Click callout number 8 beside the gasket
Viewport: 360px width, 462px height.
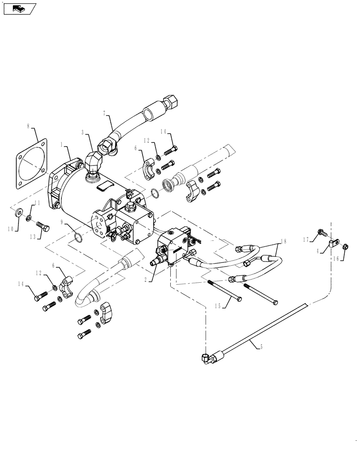tap(29, 126)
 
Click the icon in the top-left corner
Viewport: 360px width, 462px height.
tap(18, 8)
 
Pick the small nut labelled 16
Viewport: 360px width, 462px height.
tap(347, 246)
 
